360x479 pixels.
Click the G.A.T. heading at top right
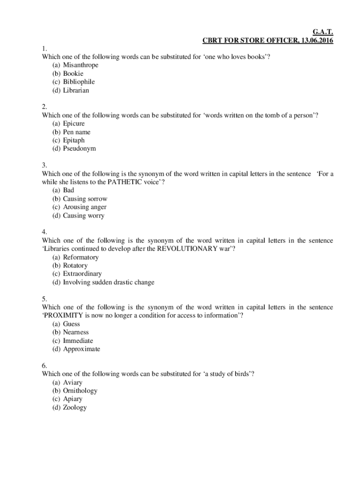(322, 32)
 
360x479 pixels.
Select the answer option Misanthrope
(80, 65)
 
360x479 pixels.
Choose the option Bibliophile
(79, 82)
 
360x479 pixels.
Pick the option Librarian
(76, 90)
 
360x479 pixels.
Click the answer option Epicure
(74, 123)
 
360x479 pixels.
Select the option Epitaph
(74, 140)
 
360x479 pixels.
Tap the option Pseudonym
(79, 149)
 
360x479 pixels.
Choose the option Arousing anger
(85, 207)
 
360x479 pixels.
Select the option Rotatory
(75, 266)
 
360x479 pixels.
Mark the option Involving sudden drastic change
(108, 283)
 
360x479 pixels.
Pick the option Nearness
(76, 333)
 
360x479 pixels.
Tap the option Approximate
(81, 349)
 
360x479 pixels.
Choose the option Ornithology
(80, 391)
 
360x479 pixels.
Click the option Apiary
(72, 399)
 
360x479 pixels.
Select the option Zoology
(75, 408)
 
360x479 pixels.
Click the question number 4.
(44, 232)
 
